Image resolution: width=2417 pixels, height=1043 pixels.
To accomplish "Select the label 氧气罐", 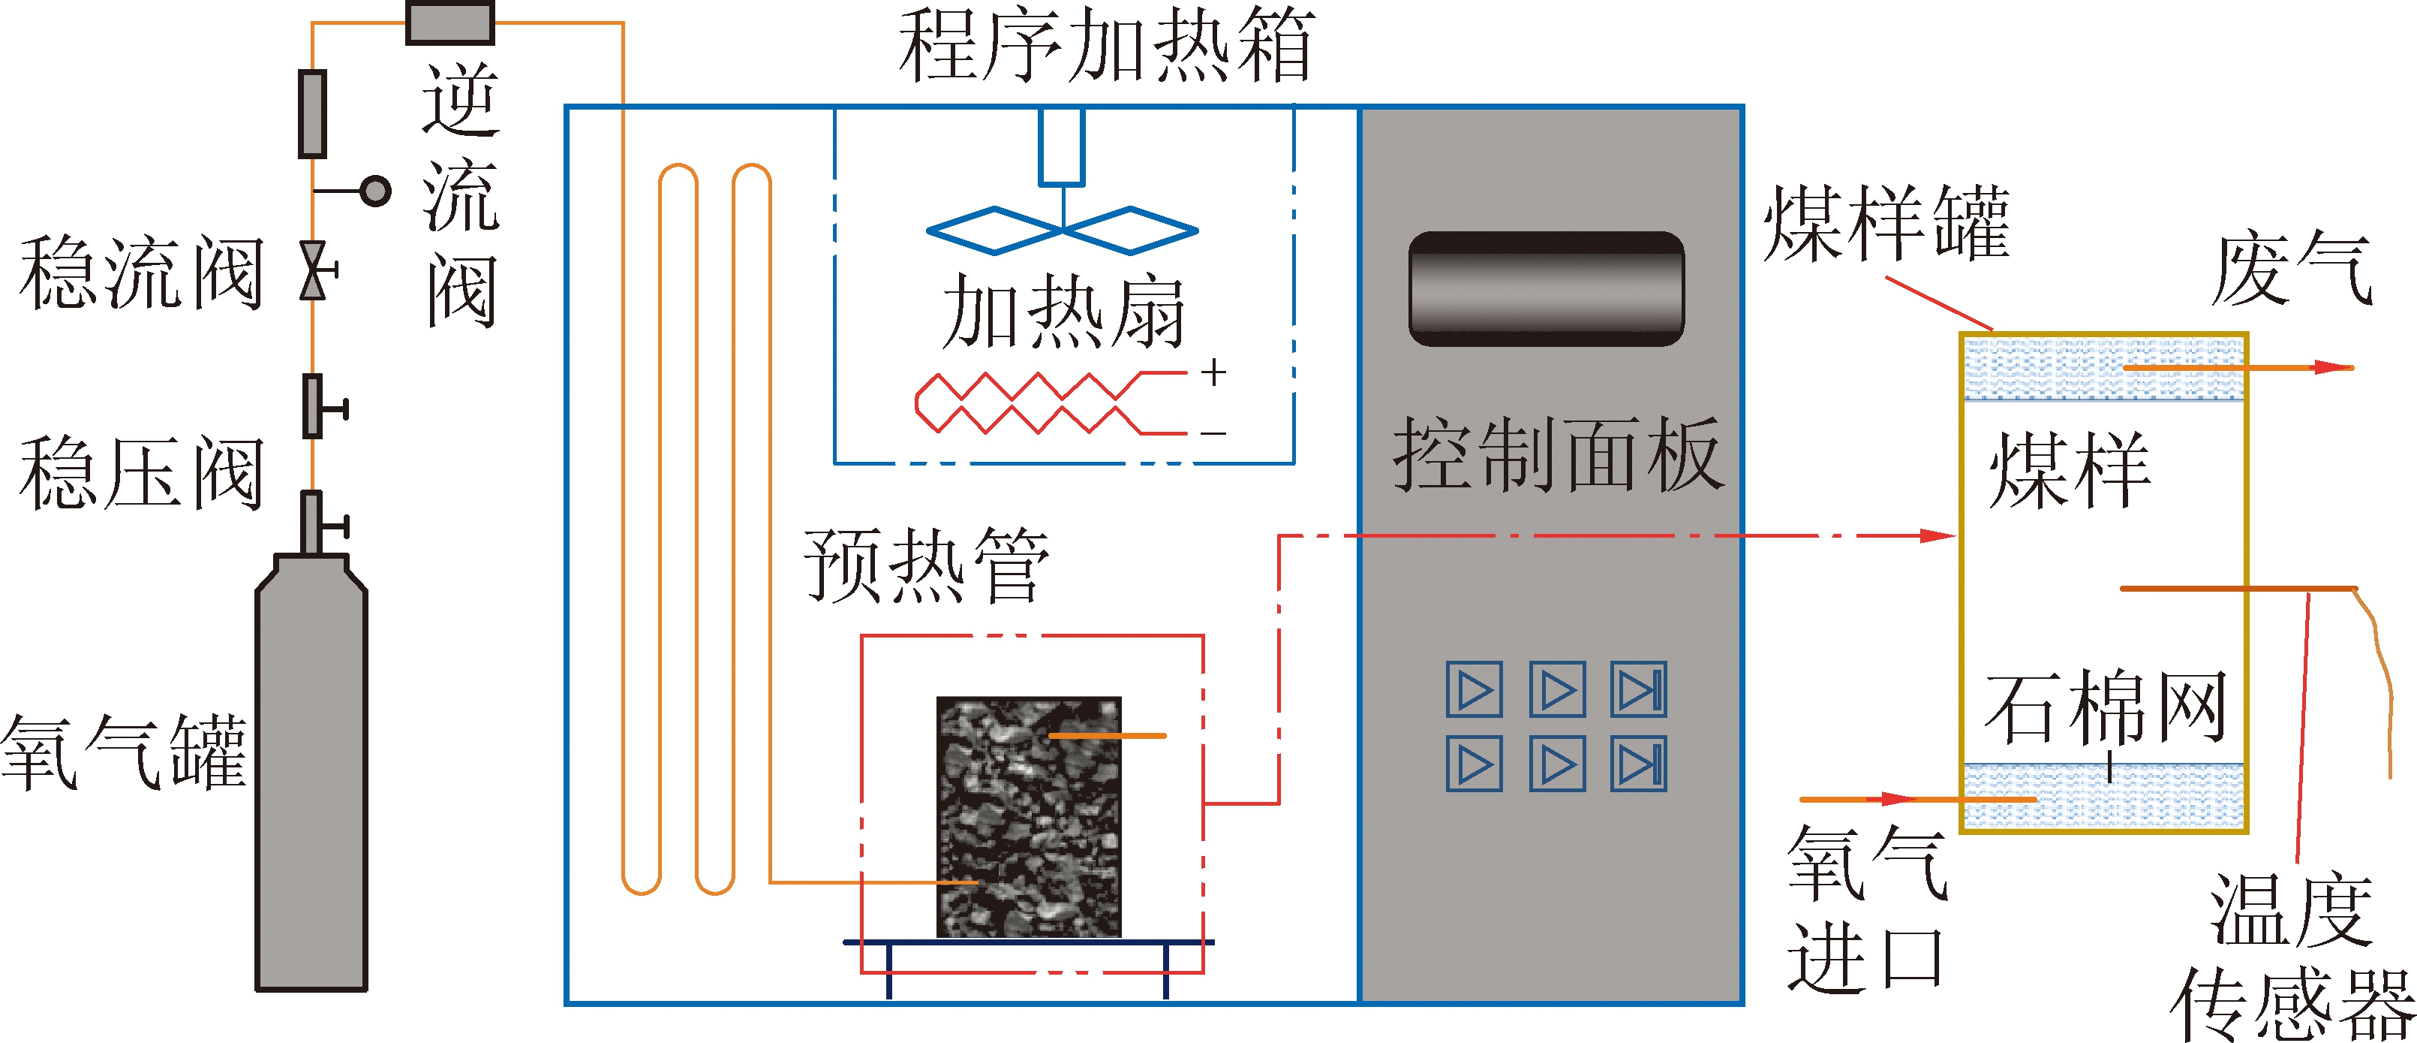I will (x=122, y=751).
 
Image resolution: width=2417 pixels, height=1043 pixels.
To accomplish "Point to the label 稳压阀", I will (x=141, y=474).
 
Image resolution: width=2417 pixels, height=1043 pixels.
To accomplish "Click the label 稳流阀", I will (x=141, y=273).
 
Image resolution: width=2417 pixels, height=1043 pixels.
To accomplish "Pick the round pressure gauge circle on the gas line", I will (x=376, y=191).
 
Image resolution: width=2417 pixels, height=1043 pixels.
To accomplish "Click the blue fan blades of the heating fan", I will (x=1062, y=230).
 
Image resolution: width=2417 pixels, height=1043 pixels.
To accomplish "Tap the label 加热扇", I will (x=1063, y=312).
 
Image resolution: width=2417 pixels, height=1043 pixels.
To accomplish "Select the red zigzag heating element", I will (x=1027, y=404).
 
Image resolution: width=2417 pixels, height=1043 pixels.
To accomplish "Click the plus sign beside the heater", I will (x=1214, y=372).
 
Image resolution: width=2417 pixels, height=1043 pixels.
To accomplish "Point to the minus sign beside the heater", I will (x=1214, y=433).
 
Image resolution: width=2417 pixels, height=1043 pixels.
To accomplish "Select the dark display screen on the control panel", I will (x=1547, y=288).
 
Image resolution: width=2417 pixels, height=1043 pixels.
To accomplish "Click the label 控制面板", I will (x=1558, y=455).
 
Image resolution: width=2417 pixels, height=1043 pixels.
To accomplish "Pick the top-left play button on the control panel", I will (x=1474, y=690).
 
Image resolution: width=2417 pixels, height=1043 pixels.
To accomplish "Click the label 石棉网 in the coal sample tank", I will (x=2106, y=706).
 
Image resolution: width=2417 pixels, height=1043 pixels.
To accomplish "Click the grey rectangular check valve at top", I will (x=450, y=23).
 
